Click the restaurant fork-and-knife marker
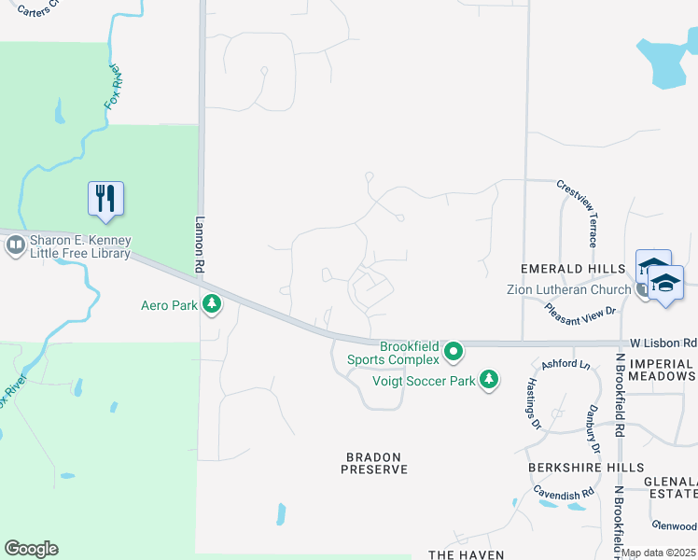tap(105, 198)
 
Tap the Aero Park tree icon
tap(212, 303)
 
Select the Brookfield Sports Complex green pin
tap(454, 352)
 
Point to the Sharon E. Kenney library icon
tap(15, 245)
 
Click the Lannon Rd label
tap(199, 245)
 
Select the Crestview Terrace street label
tap(577, 207)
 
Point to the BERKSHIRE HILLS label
tap(585, 467)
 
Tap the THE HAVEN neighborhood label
tap(466, 554)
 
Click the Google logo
tap(31, 549)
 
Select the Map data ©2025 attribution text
tap(659, 553)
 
